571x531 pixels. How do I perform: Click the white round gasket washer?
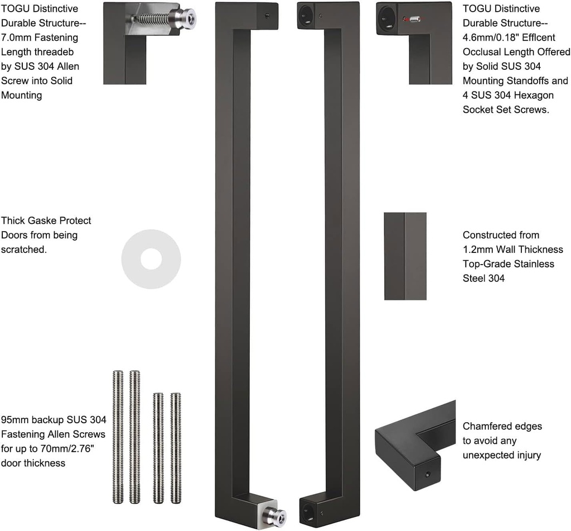pyautogui.click(x=151, y=259)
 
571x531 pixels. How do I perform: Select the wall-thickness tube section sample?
pyautogui.click(x=405, y=256)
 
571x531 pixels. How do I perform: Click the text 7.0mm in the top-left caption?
pyautogui.click(x=15, y=38)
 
